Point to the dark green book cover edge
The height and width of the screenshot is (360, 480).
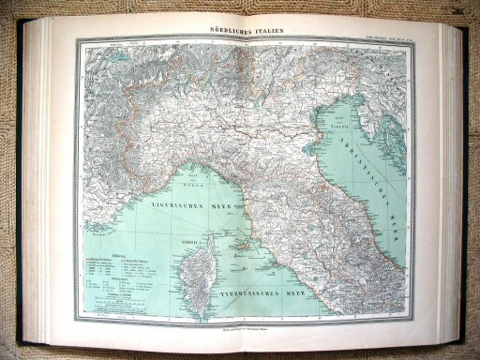[468, 187]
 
